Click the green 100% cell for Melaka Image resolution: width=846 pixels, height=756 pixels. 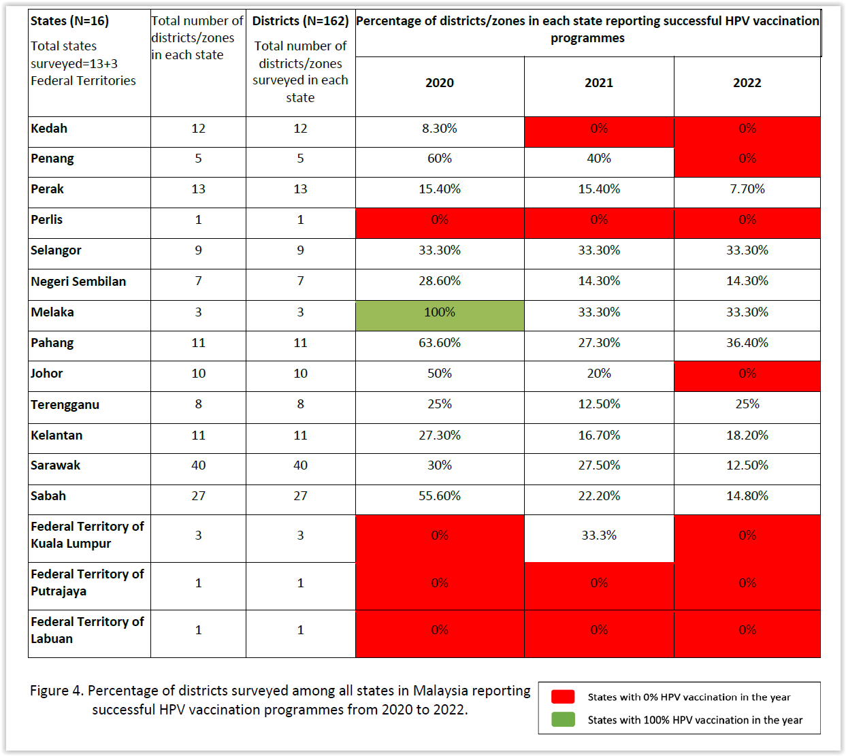click(440, 312)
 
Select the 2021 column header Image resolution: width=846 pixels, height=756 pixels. click(599, 83)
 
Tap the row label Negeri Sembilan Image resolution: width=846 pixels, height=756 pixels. click(78, 282)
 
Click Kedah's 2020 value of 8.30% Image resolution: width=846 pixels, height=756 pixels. click(440, 129)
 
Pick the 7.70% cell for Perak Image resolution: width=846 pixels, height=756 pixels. click(747, 189)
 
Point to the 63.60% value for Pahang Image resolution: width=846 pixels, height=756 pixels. click(440, 343)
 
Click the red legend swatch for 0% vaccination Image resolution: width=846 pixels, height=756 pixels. click(563, 697)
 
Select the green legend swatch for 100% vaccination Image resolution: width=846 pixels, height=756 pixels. click(563, 719)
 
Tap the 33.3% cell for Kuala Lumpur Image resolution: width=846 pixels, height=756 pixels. click(599, 536)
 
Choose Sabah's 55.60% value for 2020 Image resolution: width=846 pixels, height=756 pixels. click(440, 496)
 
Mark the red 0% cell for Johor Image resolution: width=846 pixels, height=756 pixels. click(747, 374)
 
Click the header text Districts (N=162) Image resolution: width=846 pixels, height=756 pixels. click(300, 21)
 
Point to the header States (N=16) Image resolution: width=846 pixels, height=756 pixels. click(69, 21)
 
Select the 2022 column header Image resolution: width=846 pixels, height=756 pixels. click(747, 83)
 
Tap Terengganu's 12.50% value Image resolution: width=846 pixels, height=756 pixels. click(599, 404)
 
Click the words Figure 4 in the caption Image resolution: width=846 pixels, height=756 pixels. click(56, 691)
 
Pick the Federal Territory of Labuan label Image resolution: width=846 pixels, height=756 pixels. click(87, 630)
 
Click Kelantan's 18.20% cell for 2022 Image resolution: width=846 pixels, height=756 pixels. click(747, 435)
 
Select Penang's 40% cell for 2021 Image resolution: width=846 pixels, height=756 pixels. click(599, 159)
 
